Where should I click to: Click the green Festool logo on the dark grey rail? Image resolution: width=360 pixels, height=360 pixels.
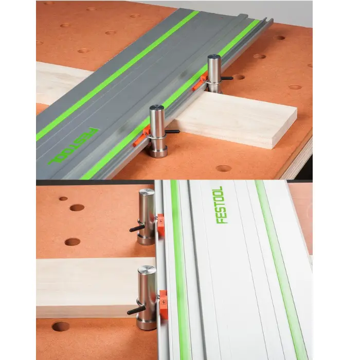(x=73, y=146)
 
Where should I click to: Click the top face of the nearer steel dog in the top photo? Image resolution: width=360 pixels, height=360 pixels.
(x=156, y=108)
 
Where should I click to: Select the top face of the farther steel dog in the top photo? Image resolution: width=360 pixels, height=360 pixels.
(x=214, y=57)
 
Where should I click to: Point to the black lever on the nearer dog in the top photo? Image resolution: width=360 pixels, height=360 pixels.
(x=172, y=132)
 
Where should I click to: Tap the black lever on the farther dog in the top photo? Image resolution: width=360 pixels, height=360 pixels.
(x=227, y=78)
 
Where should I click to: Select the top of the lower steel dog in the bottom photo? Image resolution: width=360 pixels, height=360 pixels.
(x=146, y=269)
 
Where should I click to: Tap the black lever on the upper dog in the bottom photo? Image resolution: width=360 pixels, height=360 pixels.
(x=137, y=228)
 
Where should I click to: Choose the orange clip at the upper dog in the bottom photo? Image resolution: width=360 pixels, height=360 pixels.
(x=161, y=225)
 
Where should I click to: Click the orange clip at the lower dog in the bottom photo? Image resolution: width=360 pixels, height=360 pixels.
(x=164, y=304)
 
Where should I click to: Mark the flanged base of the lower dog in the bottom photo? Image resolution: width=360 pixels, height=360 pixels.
(x=147, y=324)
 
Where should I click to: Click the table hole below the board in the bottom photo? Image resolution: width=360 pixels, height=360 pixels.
(x=60, y=326)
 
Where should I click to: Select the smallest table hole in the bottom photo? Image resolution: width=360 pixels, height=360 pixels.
(x=63, y=199)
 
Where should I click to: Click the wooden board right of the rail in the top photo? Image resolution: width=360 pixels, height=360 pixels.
(x=237, y=119)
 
